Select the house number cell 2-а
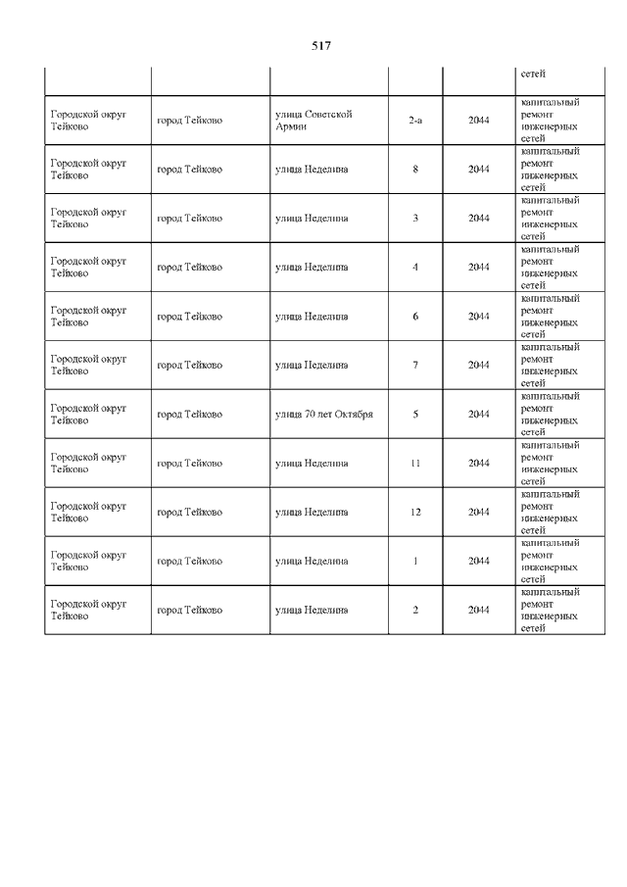pos(415,121)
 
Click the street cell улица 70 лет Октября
pos(323,414)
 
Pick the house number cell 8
pos(415,170)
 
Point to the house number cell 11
pos(415,463)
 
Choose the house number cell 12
pos(415,512)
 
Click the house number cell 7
pos(415,365)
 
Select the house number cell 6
pos(415,317)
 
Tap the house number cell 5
pos(415,414)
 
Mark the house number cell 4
pos(415,267)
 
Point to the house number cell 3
pos(415,218)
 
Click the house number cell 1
pos(415,561)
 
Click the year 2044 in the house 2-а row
pos(478,121)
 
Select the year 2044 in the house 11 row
pos(478,463)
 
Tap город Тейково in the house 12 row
pos(189,512)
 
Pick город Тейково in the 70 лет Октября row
pos(189,414)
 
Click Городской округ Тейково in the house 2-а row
pos(88,121)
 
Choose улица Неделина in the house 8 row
pos(312,170)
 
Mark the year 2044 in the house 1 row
pos(478,561)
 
